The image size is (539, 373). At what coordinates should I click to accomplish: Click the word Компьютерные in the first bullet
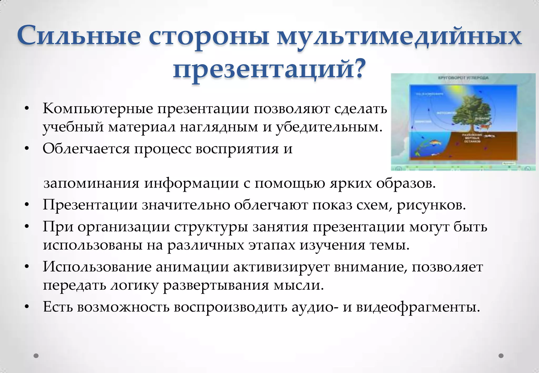98,109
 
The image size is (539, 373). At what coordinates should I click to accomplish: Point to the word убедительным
329,127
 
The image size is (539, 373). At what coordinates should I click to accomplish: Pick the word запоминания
91,183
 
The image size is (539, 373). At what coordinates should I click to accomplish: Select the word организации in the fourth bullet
124,226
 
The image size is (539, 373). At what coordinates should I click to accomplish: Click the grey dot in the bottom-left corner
36,356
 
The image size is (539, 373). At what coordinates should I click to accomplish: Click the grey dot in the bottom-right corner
501,356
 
